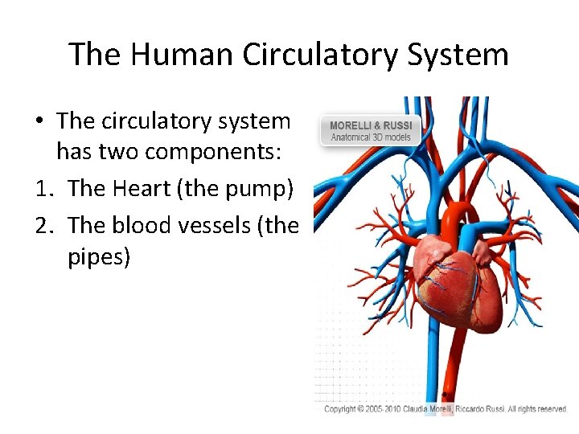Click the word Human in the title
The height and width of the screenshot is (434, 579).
coord(169,55)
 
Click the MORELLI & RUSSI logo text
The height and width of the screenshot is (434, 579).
coord(371,125)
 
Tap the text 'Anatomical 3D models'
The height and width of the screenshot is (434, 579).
coord(371,137)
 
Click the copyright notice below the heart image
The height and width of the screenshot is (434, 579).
coord(446,409)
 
